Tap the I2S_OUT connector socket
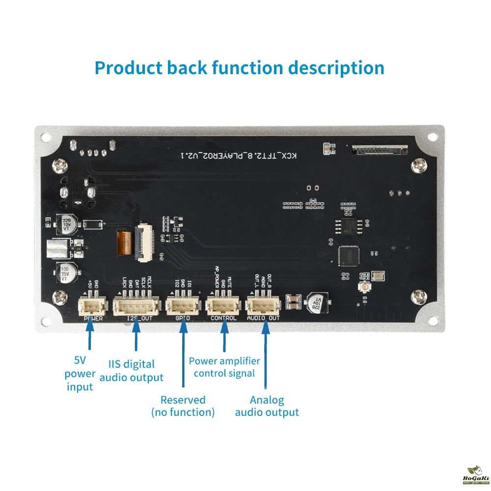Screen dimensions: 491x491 pyautogui.click(x=136, y=306)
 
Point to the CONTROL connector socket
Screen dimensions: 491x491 pyautogui.click(x=224, y=306)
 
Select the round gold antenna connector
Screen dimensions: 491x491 pyautogui.click(x=366, y=287)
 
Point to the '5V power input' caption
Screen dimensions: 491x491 pyautogui.click(x=80, y=374)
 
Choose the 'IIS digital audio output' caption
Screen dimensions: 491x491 pyautogui.click(x=131, y=371)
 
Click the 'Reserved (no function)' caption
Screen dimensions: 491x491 pyautogui.click(x=183, y=406)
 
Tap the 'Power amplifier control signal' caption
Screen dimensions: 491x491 pyautogui.click(x=224, y=367)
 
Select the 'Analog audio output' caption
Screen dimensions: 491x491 pyautogui.click(x=267, y=406)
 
